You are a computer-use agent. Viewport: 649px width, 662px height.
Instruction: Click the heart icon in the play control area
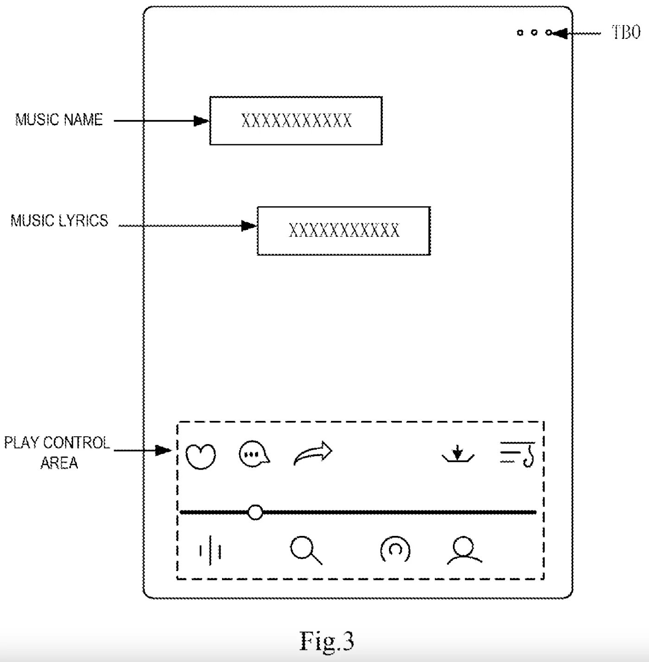(x=201, y=456)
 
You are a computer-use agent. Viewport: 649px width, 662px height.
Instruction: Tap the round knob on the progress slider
(x=255, y=512)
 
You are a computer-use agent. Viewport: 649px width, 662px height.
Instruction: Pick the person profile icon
(x=464, y=550)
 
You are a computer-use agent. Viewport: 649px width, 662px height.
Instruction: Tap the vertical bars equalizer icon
(x=210, y=551)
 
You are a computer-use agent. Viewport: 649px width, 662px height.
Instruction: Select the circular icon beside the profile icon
(x=395, y=549)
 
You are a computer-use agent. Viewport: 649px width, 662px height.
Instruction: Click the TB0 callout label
(x=626, y=32)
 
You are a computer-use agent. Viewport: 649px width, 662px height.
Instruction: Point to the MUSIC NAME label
(x=59, y=120)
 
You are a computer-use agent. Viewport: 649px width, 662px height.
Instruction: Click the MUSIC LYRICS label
(x=59, y=221)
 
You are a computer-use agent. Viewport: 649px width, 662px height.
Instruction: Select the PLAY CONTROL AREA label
(x=57, y=452)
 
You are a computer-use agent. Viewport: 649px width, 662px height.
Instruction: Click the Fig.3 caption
(x=327, y=641)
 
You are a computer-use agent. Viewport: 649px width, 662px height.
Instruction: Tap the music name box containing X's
(x=296, y=121)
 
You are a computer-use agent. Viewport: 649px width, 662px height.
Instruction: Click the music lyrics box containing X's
(x=344, y=231)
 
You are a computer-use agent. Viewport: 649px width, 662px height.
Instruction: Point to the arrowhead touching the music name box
(x=202, y=121)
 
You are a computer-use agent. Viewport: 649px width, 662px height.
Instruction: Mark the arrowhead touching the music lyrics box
(x=249, y=226)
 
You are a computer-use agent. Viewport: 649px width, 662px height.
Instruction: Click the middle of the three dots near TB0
(x=534, y=32)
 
